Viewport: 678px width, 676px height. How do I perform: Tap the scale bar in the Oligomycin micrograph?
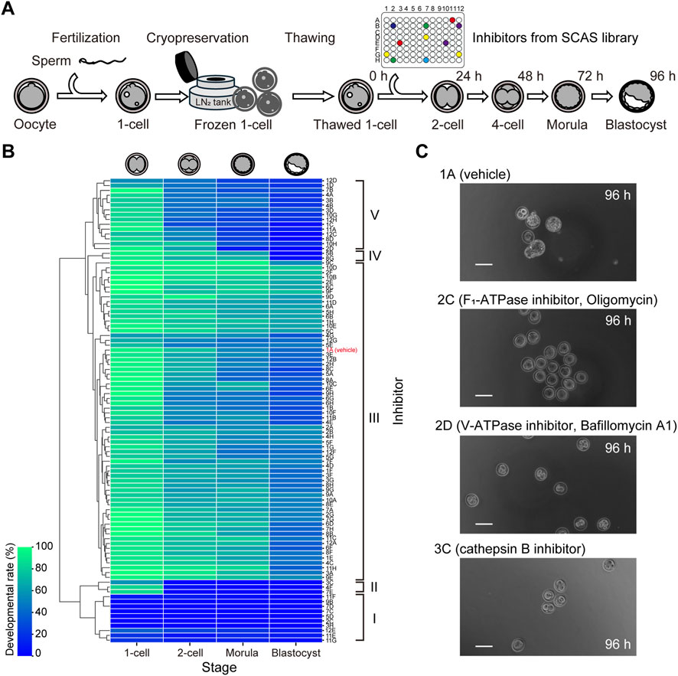(x=481, y=395)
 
